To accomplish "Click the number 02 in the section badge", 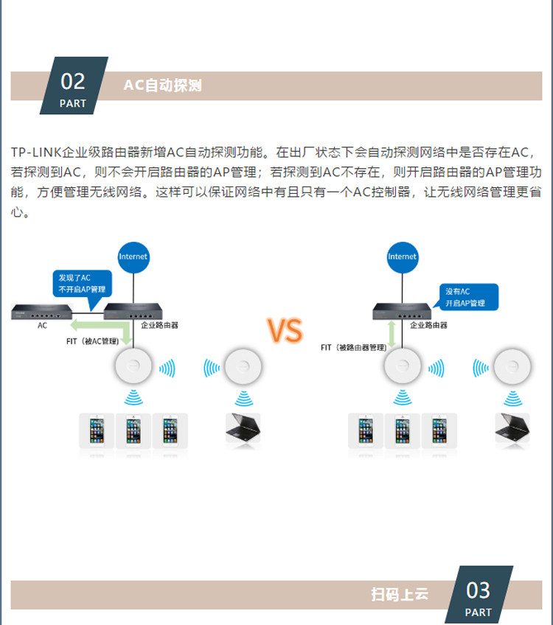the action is [x=73, y=81].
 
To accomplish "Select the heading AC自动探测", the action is [x=163, y=85].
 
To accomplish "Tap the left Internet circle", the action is [x=133, y=257].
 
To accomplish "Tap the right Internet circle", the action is [x=403, y=257].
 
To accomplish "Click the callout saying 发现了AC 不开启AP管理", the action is [x=82, y=284].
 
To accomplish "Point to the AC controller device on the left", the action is [x=42, y=312].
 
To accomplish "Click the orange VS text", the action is [x=285, y=330].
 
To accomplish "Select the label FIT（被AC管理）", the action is [x=92, y=341].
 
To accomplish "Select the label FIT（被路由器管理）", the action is [x=354, y=348].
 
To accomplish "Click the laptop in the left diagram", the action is [x=243, y=427].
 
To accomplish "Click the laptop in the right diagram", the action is [x=512, y=427].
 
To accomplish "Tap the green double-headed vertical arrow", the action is [x=392, y=334].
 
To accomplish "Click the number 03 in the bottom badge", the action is [x=478, y=590].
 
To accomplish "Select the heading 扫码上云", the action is [x=400, y=594].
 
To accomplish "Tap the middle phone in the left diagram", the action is [x=133, y=430].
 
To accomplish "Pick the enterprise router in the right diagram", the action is [x=402, y=311].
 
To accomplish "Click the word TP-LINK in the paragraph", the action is [x=36, y=153].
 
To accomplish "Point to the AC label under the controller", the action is [x=42, y=326].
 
